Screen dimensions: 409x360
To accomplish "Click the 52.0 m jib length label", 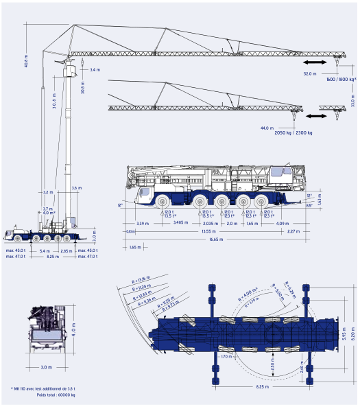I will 309,73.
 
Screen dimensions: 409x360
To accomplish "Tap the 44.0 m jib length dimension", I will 267,128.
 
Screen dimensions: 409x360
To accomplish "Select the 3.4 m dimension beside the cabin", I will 95,70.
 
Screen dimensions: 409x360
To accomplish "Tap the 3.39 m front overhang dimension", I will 142,223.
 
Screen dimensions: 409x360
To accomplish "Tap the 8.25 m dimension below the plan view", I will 261,387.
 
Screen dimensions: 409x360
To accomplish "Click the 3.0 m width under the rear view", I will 47,367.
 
